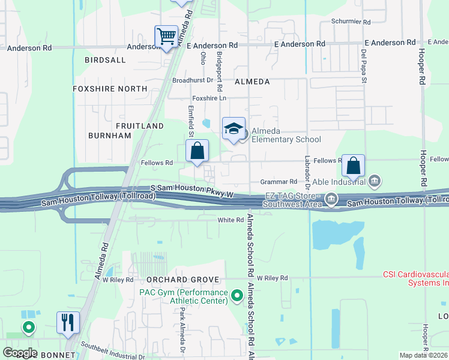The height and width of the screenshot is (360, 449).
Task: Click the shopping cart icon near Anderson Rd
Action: [166, 35]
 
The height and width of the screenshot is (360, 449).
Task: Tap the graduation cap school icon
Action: [234, 128]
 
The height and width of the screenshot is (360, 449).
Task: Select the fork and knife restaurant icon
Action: [67, 322]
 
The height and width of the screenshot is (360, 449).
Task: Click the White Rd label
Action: [231, 220]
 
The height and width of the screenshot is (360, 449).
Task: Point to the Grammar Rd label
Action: [279, 181]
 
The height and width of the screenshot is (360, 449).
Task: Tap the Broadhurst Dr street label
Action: [193, 80]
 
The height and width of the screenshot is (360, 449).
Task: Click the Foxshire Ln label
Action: [209, 98]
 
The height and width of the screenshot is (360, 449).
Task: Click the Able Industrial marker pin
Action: [375, 180]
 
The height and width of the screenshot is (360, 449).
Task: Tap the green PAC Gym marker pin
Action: [237, 295]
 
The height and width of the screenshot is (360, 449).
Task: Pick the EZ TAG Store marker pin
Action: [331, 198]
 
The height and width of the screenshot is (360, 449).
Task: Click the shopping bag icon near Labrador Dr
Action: [354, 165]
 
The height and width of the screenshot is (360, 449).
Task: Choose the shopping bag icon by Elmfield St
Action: [197, 152]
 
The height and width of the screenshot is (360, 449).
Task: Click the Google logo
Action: [20, 353]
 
